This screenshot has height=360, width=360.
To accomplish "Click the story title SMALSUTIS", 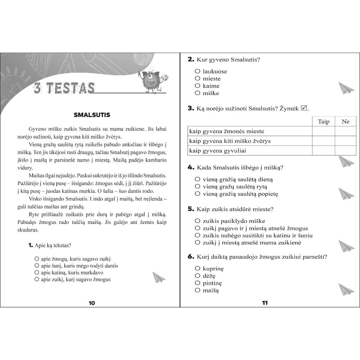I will tap(92, 115).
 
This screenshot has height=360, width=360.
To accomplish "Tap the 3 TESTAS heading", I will tap(64, 88).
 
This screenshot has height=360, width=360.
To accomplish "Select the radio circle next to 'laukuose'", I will tap(197, 71).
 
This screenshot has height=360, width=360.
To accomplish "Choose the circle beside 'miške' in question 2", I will tap(197, 93).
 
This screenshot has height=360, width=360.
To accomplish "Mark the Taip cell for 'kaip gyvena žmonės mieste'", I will tap(323, 131).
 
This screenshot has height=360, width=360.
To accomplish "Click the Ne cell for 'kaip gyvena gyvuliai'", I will tap(345, 150).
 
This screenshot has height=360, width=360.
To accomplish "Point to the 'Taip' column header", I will tap(323, 121).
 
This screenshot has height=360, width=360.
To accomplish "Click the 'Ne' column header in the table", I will tap(345, 121).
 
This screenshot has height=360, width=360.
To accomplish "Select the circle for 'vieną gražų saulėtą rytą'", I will tap(197, 186).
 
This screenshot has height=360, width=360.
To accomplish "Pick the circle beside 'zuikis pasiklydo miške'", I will tap(197, 221).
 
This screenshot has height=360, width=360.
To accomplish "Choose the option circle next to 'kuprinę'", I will tap(197, 269).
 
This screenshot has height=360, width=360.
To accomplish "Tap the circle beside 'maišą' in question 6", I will tap(197, 290).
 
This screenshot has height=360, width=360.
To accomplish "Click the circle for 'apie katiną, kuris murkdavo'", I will tap(36, 273).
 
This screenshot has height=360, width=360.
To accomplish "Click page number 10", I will tap(91, 303).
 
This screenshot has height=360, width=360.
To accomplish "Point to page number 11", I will tap(265, 303).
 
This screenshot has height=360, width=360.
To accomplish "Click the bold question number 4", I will tap(191, 168).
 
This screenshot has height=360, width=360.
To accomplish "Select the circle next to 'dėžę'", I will tap(197, 276).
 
